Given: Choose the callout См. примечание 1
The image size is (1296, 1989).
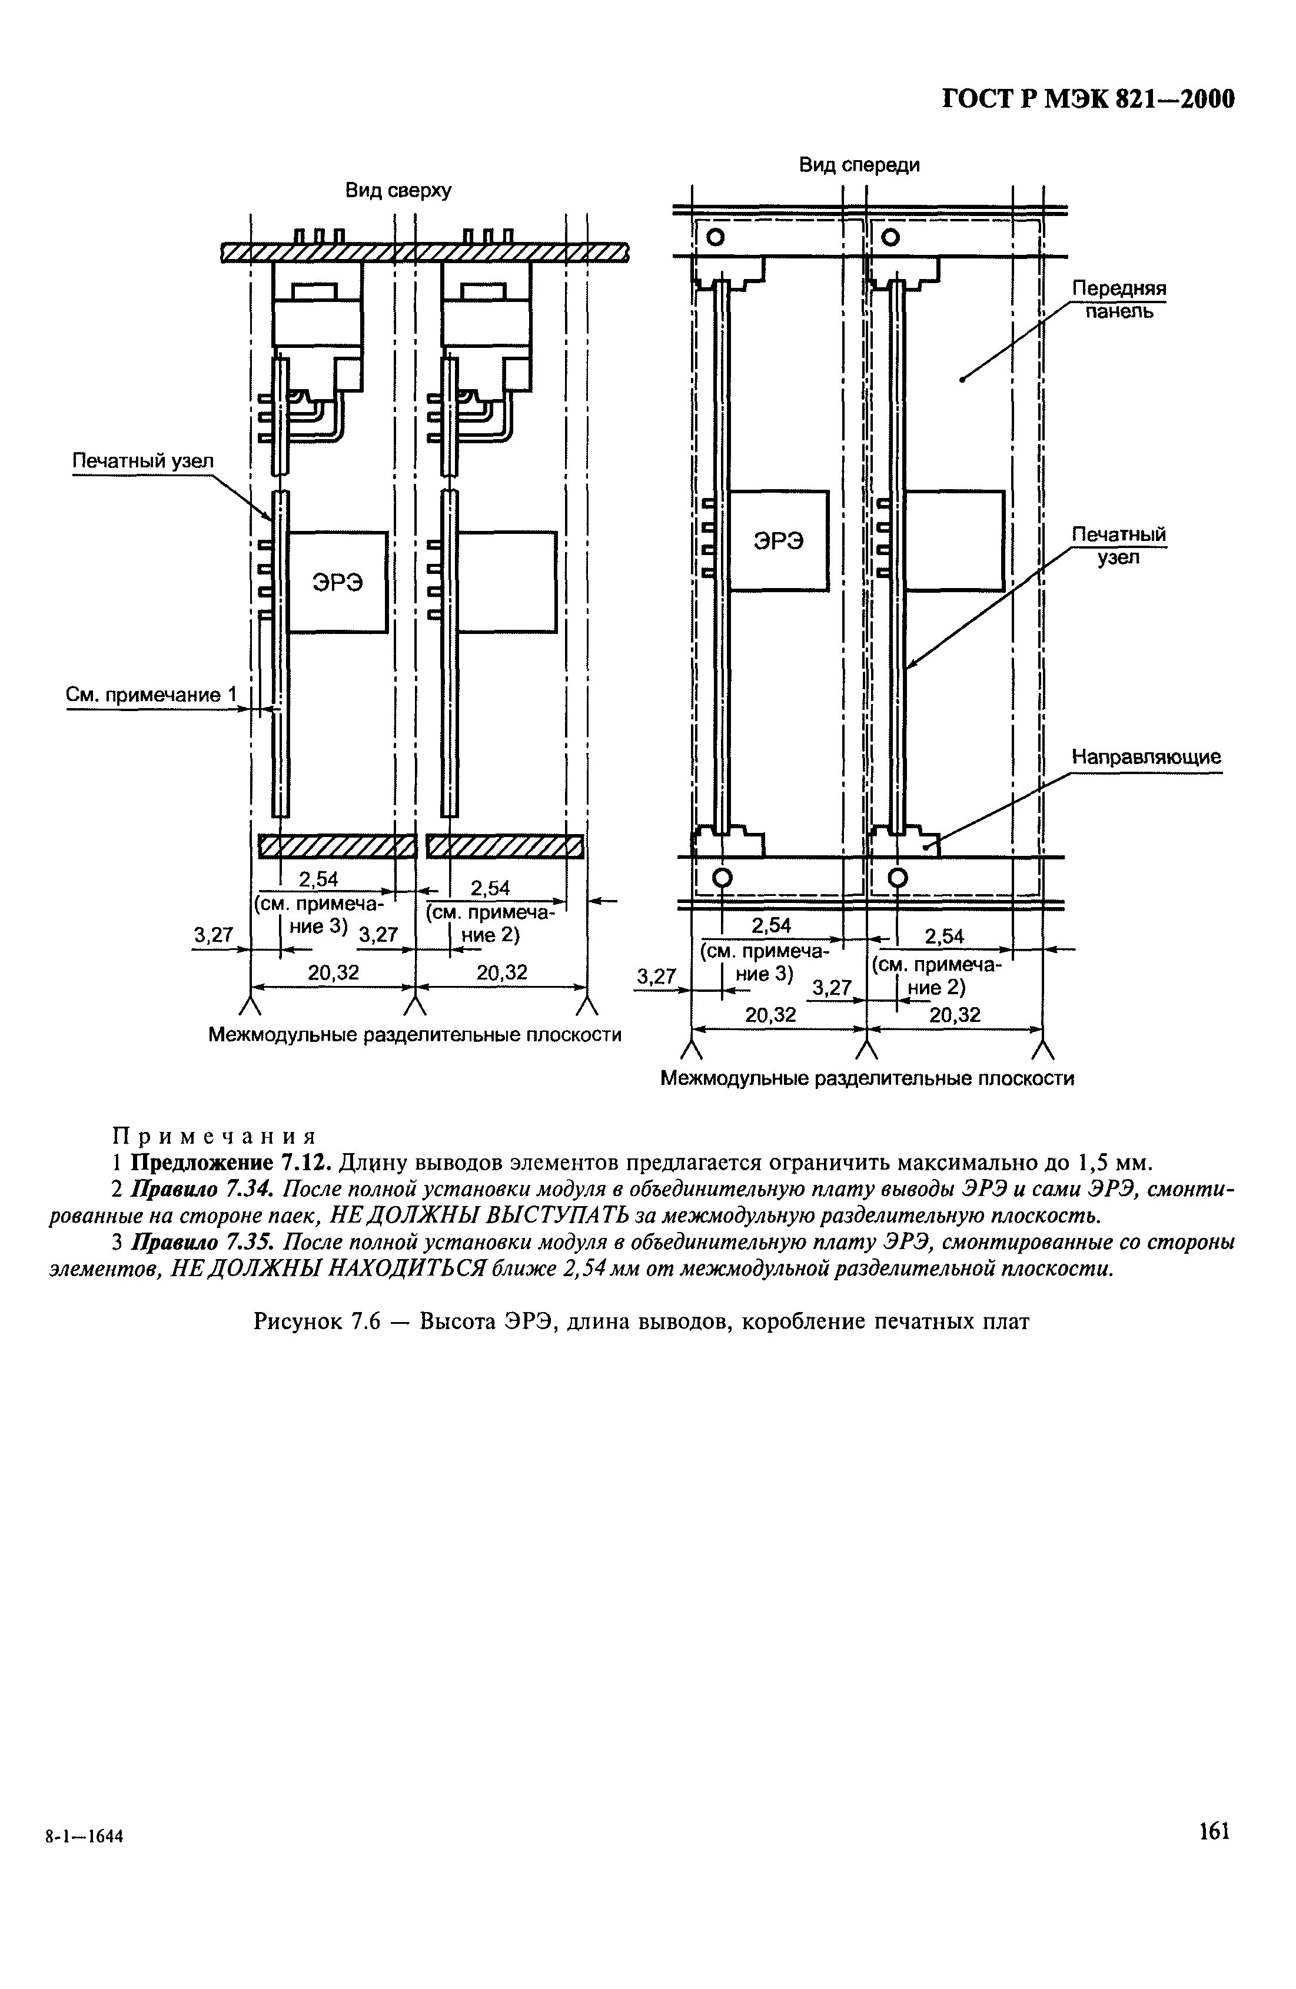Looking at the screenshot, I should (x=151, y=695).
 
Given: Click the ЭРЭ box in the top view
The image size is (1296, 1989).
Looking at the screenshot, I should (x=338, y=582).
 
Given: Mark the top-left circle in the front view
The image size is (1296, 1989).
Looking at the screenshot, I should (x=715, y=237).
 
